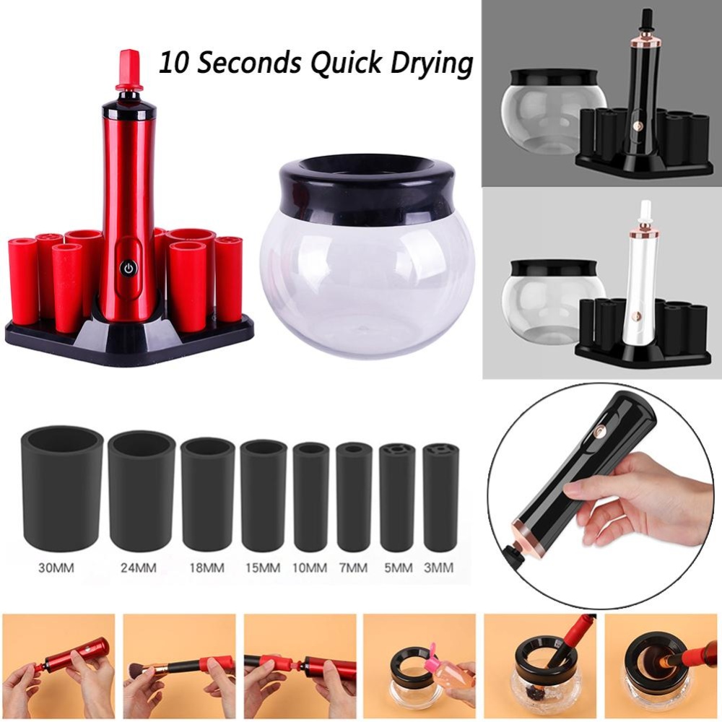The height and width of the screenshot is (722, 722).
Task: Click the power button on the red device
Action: [128, 267]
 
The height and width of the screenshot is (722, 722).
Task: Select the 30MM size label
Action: [56, 567]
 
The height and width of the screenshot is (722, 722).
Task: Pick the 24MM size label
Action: [139, 567]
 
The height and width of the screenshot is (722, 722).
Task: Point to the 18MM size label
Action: [206, 567]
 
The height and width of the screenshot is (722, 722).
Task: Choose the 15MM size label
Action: [263, 567]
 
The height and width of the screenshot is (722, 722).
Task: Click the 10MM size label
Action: [310, 567]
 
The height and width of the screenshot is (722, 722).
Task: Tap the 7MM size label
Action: [353, 567]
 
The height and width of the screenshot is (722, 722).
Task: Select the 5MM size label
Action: [399, 567]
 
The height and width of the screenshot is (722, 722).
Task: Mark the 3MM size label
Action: [438, 567]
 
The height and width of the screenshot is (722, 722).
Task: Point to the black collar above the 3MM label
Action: [438, 497]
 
